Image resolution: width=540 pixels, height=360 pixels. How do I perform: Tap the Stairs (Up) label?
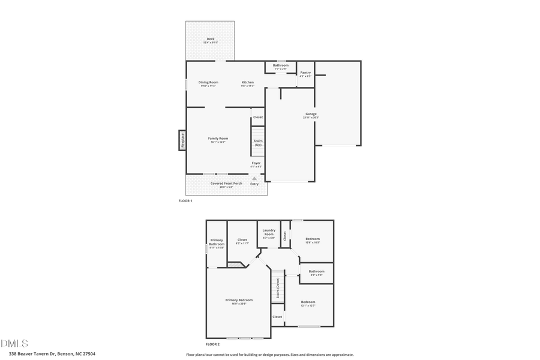(258, 143)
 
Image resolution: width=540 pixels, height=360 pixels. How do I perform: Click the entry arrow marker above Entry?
(254, 178)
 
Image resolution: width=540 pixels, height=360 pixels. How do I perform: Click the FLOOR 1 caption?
(185, 200)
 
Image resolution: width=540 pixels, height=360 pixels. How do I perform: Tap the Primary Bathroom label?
(217, 244)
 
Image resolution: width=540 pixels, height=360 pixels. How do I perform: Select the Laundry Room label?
(269, 232)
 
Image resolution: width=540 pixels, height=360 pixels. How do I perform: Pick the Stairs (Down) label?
(278, 288)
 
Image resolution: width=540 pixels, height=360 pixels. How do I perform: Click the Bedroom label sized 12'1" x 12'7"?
(308, 303)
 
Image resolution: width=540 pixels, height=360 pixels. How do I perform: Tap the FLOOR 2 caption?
(212, 344)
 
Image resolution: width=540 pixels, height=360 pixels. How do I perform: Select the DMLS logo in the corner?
(14, 343)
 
